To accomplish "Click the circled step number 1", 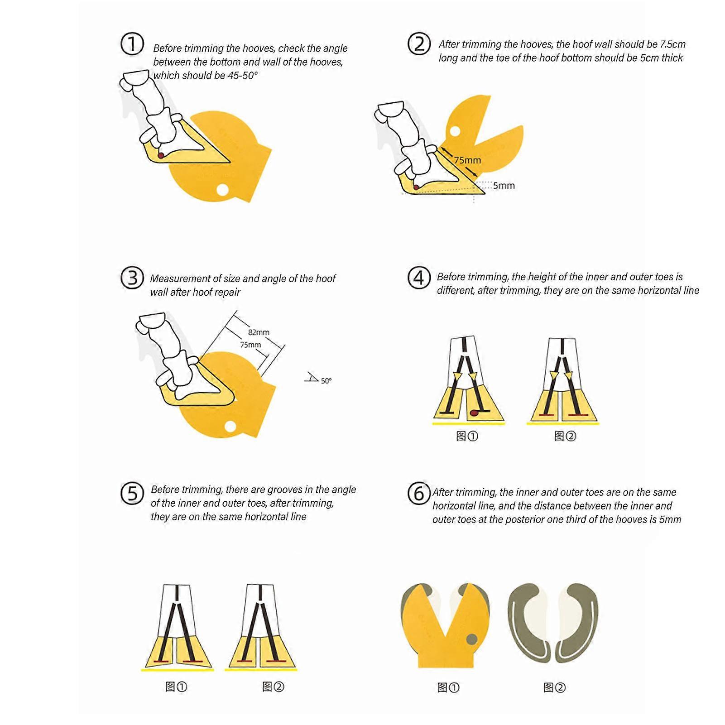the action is (132, 44).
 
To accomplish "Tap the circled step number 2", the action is (419, 44).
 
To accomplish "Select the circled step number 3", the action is (132, 277).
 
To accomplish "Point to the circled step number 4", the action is (419, 277).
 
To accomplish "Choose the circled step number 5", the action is (132, 493).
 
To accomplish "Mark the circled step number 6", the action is (418, 493).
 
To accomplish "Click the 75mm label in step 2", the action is (467, 160).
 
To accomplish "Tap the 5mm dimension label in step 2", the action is (504, 185).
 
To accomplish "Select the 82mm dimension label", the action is (259, 332).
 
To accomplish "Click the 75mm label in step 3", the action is (250, 345).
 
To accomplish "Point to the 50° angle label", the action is (326, 381).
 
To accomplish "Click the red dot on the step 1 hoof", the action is (161, 155).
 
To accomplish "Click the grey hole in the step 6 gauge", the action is (471, 639).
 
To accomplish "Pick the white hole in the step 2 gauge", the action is (455, 131).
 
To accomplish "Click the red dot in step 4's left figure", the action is (473, 413).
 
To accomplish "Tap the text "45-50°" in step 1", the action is (242, 76).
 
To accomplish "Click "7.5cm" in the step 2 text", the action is (672, 44).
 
